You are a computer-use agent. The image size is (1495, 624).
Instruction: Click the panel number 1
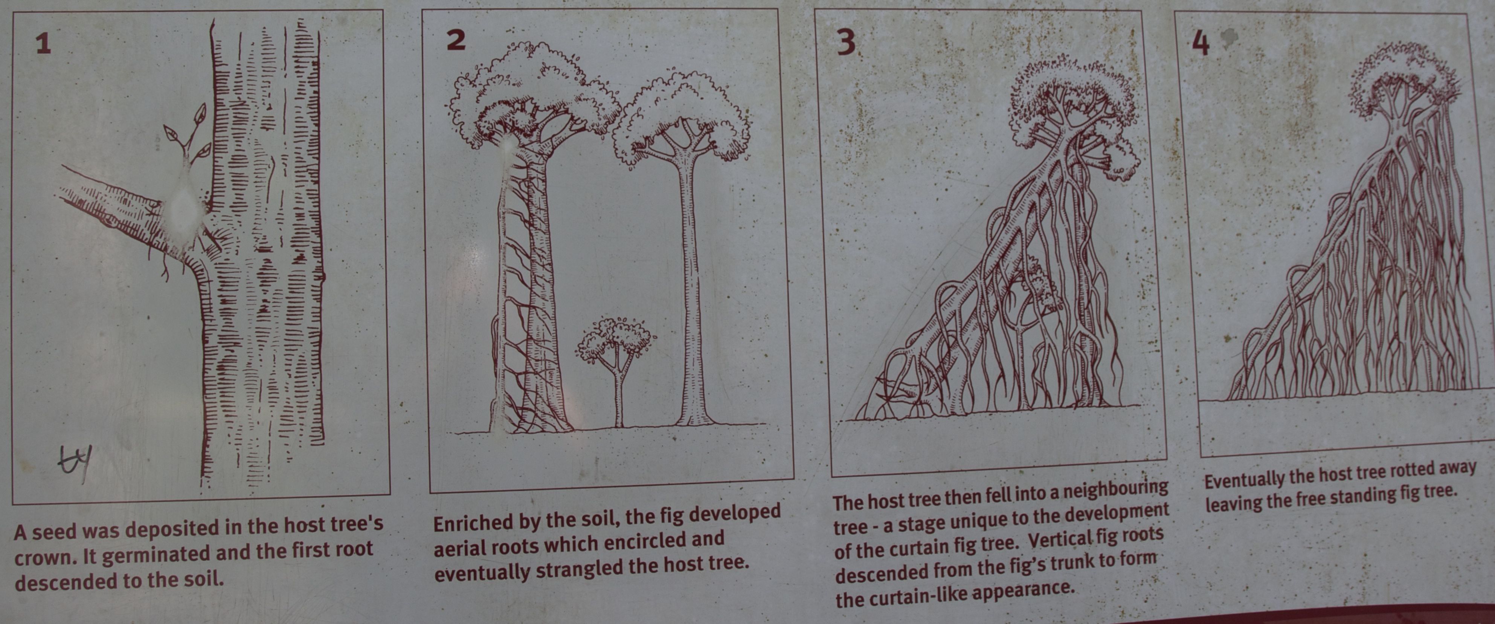click(43, 44)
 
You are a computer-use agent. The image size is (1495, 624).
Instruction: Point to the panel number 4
click(1200, 42)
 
